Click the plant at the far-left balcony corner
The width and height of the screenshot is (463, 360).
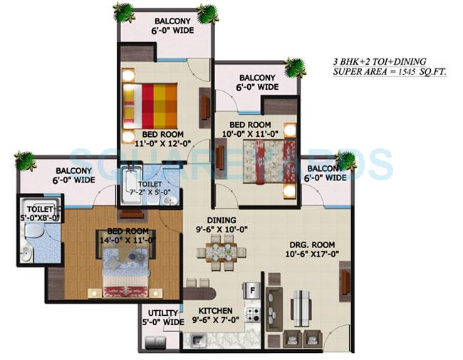tap(25, 160)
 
